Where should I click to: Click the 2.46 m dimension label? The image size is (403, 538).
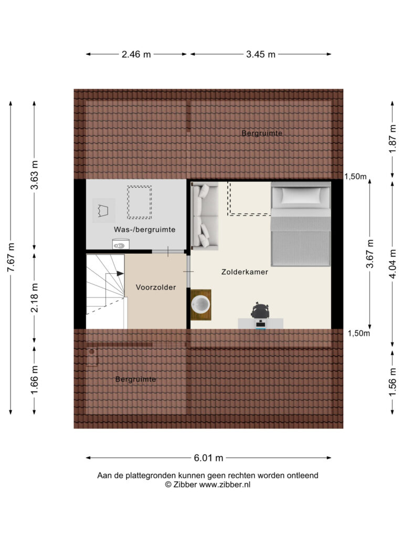coord(136,54)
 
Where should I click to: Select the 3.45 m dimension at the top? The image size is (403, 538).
coord(260,54)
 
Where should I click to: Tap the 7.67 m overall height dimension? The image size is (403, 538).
coord(11,257)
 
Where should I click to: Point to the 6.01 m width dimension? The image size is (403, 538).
coord(208,458)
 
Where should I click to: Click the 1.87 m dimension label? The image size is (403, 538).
coord(393,139)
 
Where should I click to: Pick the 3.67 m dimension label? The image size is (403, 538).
coord(370,254)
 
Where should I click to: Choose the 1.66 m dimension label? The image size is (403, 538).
coord(34,380)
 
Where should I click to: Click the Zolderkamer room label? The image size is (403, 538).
coord(245,272)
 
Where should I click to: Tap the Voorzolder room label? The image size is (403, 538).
coord(155,287)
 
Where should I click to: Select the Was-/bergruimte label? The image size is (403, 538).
coord(145,230)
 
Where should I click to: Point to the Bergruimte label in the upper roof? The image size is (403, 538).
coord(262,133)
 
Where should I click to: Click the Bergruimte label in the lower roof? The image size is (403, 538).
coord(135,379)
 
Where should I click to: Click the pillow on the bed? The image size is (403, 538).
coord(301,195)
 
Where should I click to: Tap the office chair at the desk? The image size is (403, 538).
coord(260,311)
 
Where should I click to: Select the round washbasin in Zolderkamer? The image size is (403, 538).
coord(200,305)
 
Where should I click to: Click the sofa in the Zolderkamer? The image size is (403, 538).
coord(205,215)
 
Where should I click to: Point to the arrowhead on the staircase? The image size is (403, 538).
coord(120,273)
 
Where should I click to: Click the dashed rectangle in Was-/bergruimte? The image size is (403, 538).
coord(140,202)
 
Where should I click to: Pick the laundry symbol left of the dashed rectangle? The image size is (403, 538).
coord(103,211)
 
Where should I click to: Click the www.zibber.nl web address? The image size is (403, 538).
coord(225,484)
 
